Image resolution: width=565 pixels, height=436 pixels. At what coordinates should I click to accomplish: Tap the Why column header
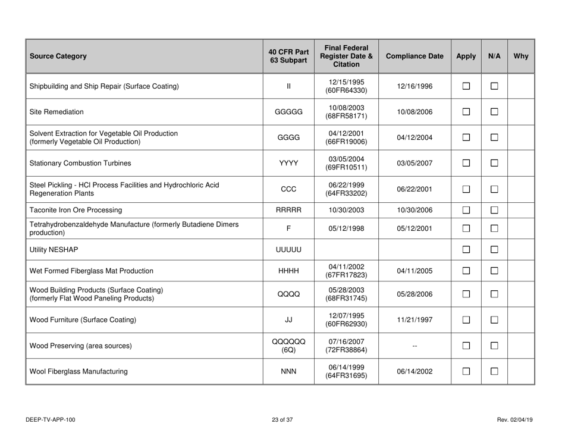click(521, 58)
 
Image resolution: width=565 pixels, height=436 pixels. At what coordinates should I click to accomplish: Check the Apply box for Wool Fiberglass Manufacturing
click(466, 372)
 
